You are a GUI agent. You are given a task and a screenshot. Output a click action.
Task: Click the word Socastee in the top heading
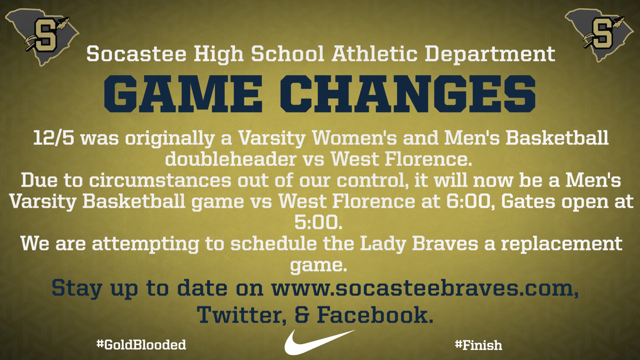click(x=136, y=54)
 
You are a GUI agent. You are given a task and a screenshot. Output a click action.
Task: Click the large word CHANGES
click(x=407, y=94)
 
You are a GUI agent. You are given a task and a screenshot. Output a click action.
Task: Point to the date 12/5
click(x=54, y=138)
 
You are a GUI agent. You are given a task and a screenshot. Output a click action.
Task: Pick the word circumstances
click(x=160, y=180)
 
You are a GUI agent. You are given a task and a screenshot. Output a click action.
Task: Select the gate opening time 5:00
click(x=318, y=222)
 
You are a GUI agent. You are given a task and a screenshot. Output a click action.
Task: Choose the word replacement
click(x=562, y=244)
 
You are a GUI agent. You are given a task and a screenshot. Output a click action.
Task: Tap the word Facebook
click(x=375, y=315)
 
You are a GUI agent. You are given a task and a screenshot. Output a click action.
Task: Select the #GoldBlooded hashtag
click(x=141, y=344)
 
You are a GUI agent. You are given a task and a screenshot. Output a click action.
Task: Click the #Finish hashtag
click(x=478, y=345)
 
